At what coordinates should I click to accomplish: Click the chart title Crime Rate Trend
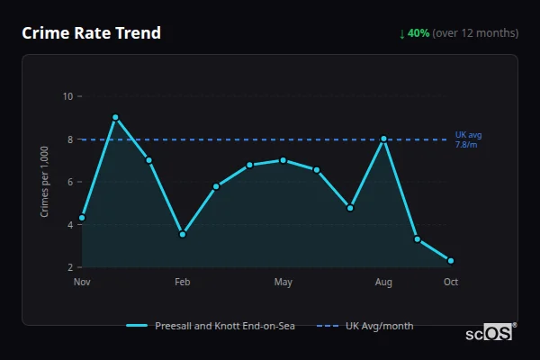coord(92,33)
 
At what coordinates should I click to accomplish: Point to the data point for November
coord(82,218)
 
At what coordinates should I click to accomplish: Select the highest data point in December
coord(115,117)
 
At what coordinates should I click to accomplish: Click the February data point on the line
coord(183,234)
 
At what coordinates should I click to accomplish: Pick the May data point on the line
coord(283,160)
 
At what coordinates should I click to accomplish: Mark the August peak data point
coord(383,139)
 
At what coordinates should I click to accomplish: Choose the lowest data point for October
coord(451,261)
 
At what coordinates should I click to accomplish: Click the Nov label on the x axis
coord(82,283)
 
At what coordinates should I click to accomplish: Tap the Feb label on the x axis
coord(183,283)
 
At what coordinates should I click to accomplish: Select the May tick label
coord(283,283)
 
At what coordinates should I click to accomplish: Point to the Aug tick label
coord(383,283)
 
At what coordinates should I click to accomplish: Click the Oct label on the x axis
coord(451,283)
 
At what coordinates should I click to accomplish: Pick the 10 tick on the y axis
coord(67,96)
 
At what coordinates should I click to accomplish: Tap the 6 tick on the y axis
coord(70,182)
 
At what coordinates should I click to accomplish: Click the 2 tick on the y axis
coord(70,267)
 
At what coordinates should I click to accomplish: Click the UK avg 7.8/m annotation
coord(466,139)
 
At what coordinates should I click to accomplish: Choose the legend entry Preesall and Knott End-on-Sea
coord(211,325)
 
